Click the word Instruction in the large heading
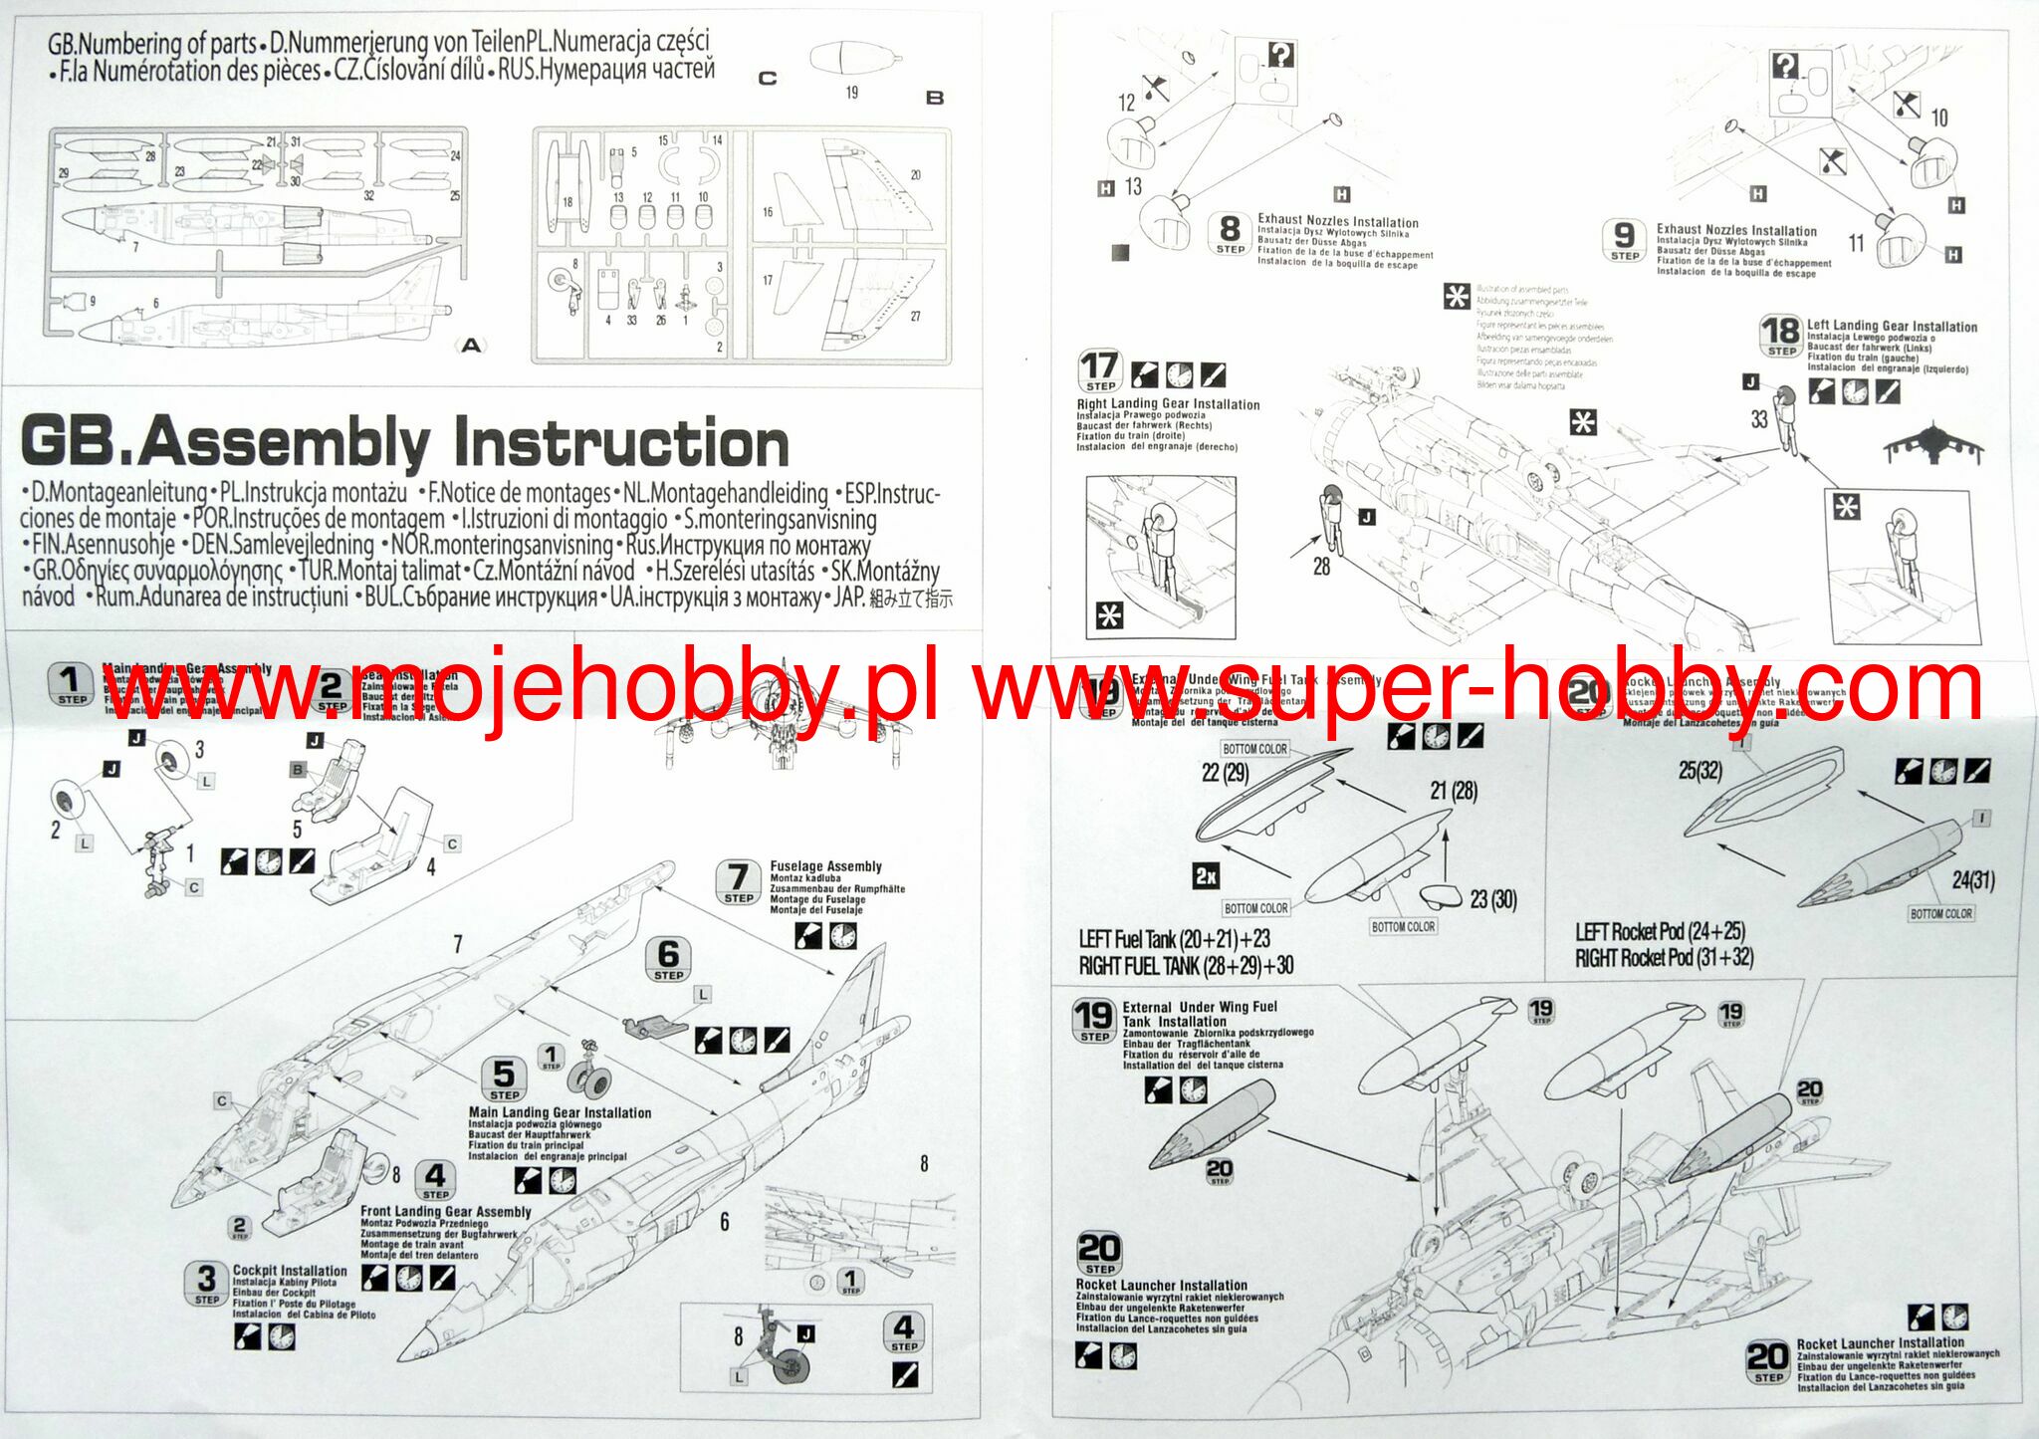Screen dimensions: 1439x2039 620,444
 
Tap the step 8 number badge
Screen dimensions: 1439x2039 1230,233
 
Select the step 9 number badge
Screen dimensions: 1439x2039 1624,239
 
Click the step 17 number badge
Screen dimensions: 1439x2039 1100,370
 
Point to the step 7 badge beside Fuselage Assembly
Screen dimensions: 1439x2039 738,882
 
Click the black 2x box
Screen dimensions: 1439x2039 1206,876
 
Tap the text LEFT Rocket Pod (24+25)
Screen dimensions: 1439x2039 1660,932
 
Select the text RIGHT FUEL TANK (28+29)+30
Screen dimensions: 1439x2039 1186,965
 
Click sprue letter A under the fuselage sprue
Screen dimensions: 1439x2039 471,346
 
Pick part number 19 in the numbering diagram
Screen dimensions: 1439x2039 851,93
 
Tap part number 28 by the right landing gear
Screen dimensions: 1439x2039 1321,567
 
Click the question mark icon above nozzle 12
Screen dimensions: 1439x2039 1281,55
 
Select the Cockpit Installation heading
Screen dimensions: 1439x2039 290,1271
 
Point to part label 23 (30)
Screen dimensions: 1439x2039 1493,900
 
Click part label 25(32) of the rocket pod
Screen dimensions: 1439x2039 1699,771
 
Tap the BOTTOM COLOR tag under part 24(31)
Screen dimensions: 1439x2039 1940,914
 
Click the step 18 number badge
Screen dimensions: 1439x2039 1781,335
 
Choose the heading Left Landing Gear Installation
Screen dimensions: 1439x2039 1892,327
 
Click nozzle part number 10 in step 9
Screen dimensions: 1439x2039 1938,119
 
